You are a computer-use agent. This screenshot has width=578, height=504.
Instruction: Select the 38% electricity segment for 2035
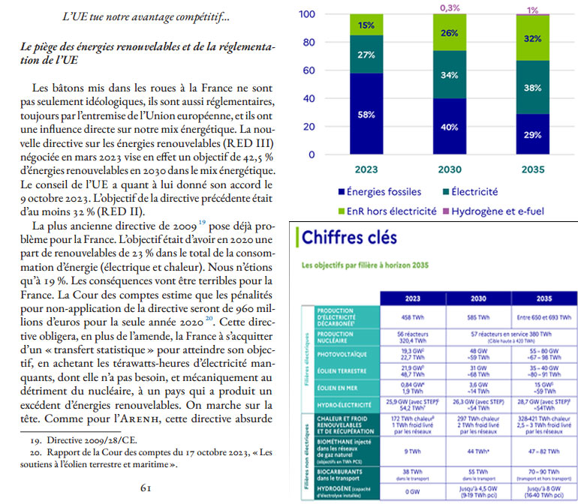[532, 87]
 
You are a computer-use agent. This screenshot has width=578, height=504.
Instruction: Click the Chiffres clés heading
[351, 238]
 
